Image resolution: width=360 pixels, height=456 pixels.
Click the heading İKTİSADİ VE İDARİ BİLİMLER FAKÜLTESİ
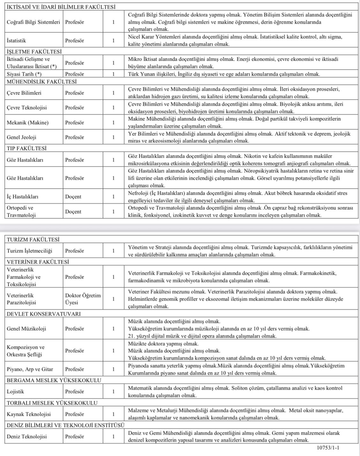[61, 7]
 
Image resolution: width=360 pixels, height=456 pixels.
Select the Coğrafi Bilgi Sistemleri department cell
[34, 22]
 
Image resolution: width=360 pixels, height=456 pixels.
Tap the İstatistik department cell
[16, 41]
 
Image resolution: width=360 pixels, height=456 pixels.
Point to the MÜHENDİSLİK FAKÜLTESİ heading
[42, 82]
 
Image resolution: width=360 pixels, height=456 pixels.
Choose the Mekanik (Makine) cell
[28, 123]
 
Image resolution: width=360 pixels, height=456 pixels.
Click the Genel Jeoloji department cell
[22, 137]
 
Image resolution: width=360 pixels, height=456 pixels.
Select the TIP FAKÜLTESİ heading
[26, 148]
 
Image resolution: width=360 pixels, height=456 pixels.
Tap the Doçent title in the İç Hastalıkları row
[73, 197]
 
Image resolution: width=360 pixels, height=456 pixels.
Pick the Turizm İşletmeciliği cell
[29, 251]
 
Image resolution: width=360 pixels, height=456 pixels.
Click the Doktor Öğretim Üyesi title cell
[83, 299]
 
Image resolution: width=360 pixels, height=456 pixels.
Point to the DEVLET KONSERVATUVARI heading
[44, 314]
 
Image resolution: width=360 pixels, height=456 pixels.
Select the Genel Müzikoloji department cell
[26, 329]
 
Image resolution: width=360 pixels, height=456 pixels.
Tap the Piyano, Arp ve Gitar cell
[30, 369]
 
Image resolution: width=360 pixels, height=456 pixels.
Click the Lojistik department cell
[15, 392]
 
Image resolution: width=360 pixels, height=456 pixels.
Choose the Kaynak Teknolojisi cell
[29, 414]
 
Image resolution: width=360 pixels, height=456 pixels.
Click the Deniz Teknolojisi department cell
[27, 437]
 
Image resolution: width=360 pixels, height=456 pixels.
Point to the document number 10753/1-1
[328, 448]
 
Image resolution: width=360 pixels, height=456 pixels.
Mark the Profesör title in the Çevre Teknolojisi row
[74, 108]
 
